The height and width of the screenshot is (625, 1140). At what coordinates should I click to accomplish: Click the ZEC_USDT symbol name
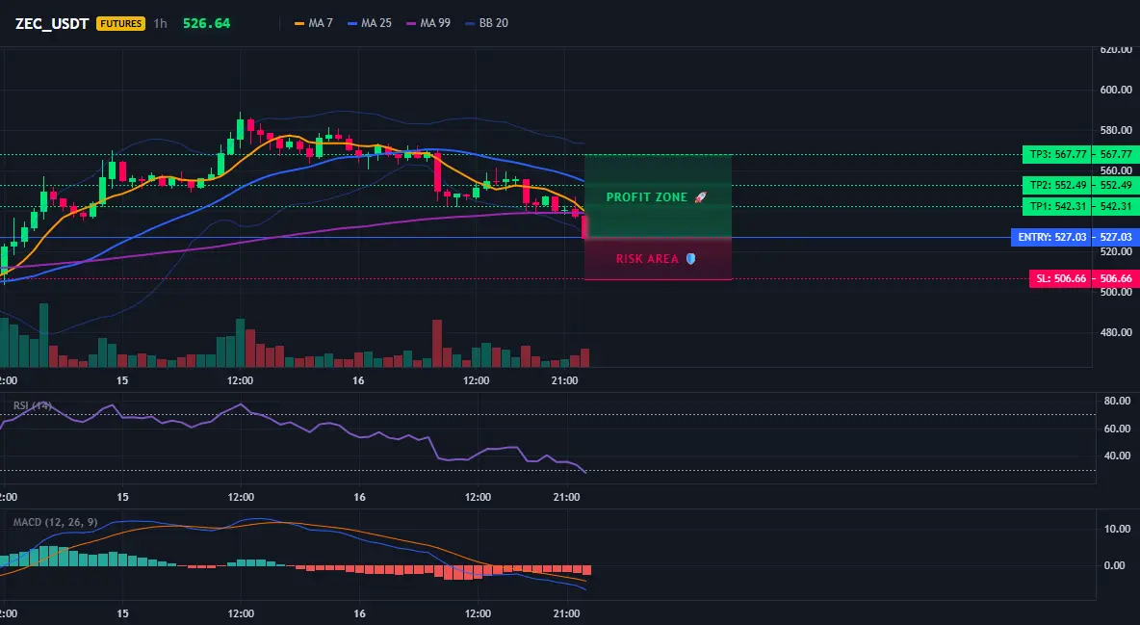click(52, 23)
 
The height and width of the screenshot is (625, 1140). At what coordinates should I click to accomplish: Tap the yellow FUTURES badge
click(120, 23)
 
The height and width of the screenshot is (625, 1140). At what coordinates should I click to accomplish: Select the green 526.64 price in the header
click(206, 23)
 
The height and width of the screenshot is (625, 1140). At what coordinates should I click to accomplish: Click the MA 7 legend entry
click(313, 23)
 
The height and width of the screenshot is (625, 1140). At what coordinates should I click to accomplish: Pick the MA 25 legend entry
click(370, 23)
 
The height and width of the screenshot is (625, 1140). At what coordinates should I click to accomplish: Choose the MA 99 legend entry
click(428, 23)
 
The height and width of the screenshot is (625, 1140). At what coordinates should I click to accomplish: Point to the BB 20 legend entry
click(486, 23)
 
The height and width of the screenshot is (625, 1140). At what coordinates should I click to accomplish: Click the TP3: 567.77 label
click(1056, 154)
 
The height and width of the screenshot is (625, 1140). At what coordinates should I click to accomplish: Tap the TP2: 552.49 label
click(1056, 185)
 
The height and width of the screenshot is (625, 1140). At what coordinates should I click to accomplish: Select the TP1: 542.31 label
click(1056, 207)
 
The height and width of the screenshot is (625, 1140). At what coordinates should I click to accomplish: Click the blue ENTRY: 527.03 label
click(1051, 237)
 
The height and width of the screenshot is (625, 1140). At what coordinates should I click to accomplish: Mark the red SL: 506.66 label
click(1060, 278)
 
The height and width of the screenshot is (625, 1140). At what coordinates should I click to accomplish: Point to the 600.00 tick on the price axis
click(1116, 90)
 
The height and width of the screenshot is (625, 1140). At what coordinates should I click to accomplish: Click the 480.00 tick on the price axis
click(1116, 332)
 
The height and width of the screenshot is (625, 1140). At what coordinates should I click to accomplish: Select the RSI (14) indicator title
click(33, 405)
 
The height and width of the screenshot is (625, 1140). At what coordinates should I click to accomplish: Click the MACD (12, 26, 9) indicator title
click(55, 522)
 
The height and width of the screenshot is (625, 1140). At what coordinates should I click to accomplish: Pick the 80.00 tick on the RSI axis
click(1117, 401)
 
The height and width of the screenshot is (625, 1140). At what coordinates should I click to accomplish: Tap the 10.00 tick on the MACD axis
click(1117, 529)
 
